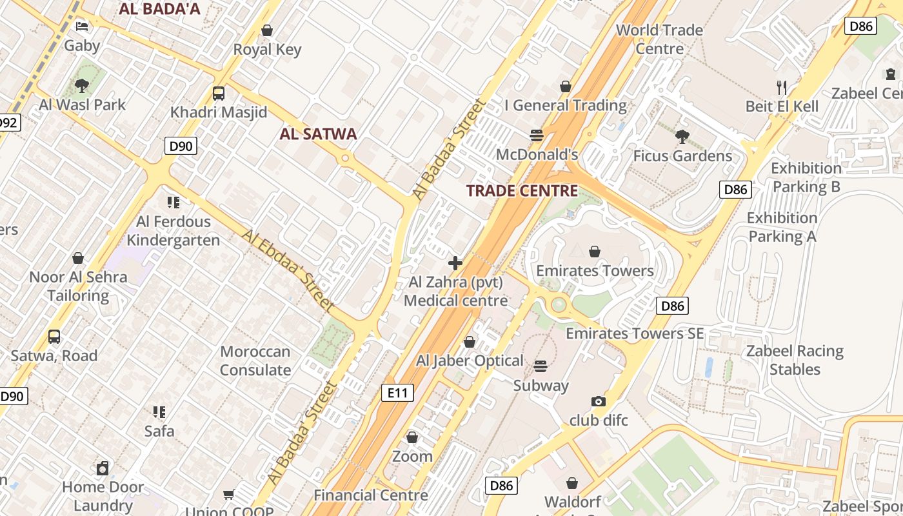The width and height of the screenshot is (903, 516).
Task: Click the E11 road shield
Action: pyautogui.click(x=397, y=393)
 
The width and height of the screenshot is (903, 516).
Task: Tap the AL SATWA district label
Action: pyautogui.click(x=318, y=134)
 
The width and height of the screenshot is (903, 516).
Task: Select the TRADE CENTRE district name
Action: pyautogui.click(x=522, y=191)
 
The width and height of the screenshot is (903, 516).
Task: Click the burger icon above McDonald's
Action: pyautogui.click(x=536, y=135)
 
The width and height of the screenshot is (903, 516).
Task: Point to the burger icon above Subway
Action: pyautogui.click(x=541, y=366)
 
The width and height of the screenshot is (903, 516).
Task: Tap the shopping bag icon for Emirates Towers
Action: pyautogui.click(x=595, y=251)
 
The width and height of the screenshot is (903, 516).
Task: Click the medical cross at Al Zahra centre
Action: pyautogui.click(x=455, y=263)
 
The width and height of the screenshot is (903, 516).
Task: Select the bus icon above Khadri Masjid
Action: pyautogui.click(x=219, y=94)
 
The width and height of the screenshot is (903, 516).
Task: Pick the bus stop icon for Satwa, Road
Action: pyautogui.click(x=54, y=337)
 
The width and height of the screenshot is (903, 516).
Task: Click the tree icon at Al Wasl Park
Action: pyautogui.click(x=82, y=85)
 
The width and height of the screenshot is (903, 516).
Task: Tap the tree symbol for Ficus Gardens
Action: pyautogui.click(x=682, y=136)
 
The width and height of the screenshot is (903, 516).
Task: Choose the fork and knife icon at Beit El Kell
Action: pyautogui.click(x=782, y=87)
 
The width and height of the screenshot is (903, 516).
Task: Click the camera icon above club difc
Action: pyautogui.click(x=599, y=401)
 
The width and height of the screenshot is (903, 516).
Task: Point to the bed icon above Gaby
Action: pyautogui.click(x=82, y=26)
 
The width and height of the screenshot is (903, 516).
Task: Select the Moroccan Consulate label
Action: pyautogui.click(x=255, y=361)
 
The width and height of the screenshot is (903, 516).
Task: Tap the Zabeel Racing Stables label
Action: pyautogui.click(x=795, y=360)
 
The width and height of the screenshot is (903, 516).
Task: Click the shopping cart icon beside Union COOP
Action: pyautogui.click(x=228, y=495)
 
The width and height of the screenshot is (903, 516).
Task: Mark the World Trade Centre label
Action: pyautogui.click(x=659, y=39)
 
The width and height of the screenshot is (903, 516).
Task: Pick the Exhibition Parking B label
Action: pyautogui.click(x=806, y=177)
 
